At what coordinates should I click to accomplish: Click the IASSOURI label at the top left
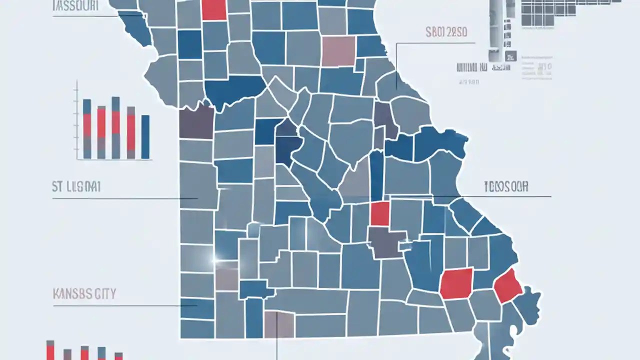[75, 6]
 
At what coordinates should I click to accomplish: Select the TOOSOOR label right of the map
[506, 187]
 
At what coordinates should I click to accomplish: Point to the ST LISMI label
[76, 187]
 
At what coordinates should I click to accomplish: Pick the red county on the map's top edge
[214, 9]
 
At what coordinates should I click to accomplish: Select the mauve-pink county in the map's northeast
[338, 51]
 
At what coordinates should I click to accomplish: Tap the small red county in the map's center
[380, 213]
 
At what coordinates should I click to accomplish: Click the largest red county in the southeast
[456, 283]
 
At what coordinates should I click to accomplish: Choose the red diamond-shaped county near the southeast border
[508, 285]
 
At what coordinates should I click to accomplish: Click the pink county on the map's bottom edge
[278, 324]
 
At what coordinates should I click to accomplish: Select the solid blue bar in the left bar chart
[145, 136]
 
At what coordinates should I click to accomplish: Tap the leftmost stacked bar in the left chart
[87, 128]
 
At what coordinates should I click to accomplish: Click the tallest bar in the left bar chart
[115, 127]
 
